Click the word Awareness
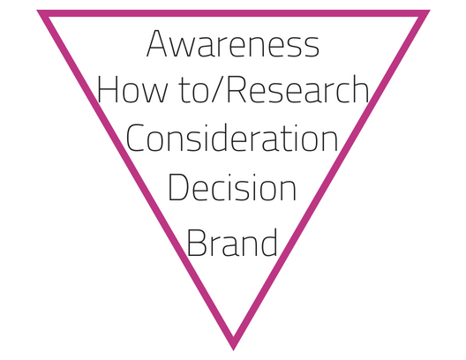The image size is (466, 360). point(233,43)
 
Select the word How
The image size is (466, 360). point(132,89)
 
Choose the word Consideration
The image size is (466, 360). point(232,139)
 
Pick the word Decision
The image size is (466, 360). point(232,187)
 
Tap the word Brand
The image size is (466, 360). point(232,242)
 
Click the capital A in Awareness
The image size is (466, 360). point(156,43)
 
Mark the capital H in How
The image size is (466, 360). point(108,89)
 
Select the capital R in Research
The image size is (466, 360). point(237,89)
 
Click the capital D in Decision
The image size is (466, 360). point(178,187)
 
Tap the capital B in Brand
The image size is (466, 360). point(196,243)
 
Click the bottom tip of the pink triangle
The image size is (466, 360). point(233,350)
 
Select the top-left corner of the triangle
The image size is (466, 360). point(37,11)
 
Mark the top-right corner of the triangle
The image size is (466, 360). point(430,11)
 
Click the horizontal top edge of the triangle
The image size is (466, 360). point(233,13)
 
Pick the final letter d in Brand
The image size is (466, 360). point(267,242)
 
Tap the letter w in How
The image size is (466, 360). point(154,93)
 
